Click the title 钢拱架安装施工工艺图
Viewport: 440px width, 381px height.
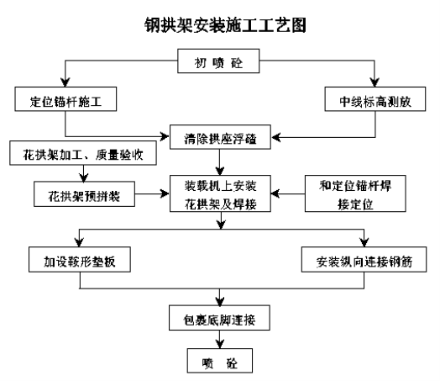click(225, 25)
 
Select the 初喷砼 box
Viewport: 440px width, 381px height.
click(218, 61)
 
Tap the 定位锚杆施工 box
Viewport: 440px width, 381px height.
click(65, 99)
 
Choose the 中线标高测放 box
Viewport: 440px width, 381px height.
click(375, 99)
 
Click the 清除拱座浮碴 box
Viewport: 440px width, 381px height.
click(220, 137)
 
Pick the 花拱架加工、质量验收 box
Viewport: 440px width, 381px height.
click(83, 153)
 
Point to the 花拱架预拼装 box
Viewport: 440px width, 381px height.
click(84, 194)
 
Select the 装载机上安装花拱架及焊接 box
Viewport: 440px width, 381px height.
click(220, 193)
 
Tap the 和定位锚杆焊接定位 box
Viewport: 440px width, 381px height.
click(355, 193)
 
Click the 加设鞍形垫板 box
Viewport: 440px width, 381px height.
click(80, 259)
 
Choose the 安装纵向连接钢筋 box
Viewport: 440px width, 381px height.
click(364, 259)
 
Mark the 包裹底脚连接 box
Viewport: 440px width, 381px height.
click(219, 318)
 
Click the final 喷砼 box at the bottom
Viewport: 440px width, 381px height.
click(220, 361)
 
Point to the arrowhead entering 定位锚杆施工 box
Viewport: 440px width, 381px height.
click(65, 82)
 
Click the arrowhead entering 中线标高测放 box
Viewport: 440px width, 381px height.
click(375, 82)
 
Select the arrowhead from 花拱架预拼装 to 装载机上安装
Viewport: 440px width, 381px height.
click(165, 193)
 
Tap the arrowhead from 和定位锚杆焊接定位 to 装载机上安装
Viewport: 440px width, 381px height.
click(275, 193)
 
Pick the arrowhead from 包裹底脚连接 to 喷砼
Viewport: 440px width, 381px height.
click(220, 344)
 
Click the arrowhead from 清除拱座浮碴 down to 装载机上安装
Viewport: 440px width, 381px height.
click(220, 171)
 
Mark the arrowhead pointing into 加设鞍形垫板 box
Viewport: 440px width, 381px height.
click(79, 242)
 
